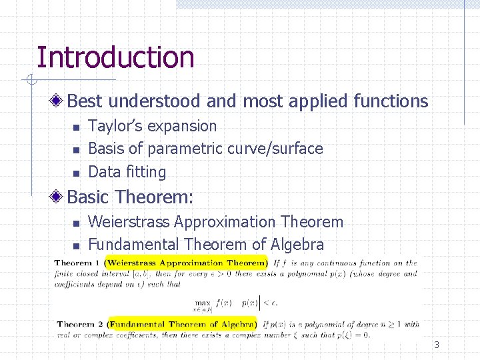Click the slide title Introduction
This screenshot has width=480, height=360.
[115, 57]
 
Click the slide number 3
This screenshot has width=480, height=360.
[437, 345]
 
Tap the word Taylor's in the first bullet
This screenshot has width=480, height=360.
[115, 126]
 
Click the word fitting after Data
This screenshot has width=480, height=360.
[146, 172]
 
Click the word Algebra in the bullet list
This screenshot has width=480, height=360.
[293, 245]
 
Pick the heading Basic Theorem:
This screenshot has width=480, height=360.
[131, 197]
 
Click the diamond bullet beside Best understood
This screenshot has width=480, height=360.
[59, 101]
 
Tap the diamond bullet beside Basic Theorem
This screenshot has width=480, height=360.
[59, 197]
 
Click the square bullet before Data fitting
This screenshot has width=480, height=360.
[76, 173]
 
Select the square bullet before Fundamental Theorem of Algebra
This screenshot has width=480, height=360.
[76, 245]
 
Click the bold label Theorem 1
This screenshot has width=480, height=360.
[78, 263]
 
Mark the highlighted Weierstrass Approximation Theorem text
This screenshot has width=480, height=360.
[186, 263]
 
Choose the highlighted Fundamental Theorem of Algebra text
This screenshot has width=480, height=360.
[183, 325]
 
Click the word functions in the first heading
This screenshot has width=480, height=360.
[391, 101]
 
